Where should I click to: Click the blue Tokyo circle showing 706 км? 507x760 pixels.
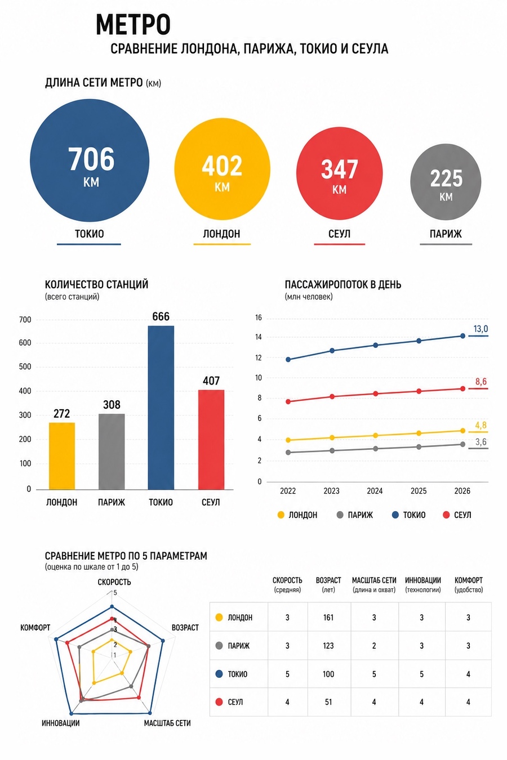coord(90,160)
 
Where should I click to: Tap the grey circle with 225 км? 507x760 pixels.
coord(446,182)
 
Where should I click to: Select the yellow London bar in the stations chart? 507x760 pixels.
coord(62,455)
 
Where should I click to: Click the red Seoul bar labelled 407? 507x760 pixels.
coord(211,439)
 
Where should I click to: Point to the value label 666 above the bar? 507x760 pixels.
coord(161,316)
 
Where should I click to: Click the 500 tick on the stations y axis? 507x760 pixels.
coord(25,366)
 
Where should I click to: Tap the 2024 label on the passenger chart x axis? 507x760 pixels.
coord(375,491)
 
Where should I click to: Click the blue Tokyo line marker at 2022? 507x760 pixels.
coord(288,360)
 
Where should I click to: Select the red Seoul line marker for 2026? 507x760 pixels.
coord(462,388)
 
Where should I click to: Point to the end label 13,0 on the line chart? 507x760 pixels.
coord(481,329)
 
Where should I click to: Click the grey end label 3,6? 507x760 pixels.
coord(481,442)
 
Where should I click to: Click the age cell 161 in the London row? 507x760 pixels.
coord(328,618)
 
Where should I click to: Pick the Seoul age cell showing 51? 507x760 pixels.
coord(328,702)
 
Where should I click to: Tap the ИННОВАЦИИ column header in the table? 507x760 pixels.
coord(423,580)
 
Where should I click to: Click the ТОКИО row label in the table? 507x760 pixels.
coord(237,674)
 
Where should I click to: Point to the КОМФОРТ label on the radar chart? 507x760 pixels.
coord(35,628)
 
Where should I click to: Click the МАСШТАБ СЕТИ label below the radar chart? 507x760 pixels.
coord(167,723)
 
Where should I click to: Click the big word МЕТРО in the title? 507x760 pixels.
coord(133,24)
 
